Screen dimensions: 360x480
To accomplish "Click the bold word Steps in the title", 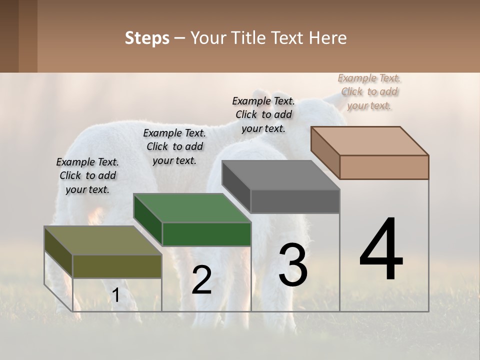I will point(147,38).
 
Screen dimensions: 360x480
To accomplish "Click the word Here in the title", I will point(328,38).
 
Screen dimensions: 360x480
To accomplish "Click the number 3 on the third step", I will point(293,264).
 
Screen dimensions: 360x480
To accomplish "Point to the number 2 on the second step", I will point(201,280).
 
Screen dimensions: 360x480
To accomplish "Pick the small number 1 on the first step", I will point(115,295).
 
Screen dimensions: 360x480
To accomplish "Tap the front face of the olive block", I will point(117,266).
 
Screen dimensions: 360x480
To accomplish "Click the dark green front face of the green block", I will point(206,234).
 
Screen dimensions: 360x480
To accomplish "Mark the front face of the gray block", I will point(295,201).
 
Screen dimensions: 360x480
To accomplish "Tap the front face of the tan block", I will point(384,167).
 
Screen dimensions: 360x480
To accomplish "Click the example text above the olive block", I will point(87,175).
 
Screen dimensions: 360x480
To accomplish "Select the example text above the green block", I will point(174,146).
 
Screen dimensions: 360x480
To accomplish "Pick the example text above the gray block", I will point(263,114).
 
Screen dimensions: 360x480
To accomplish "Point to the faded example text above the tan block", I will point(369,91).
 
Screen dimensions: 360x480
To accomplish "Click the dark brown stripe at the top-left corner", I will point(9,36).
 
